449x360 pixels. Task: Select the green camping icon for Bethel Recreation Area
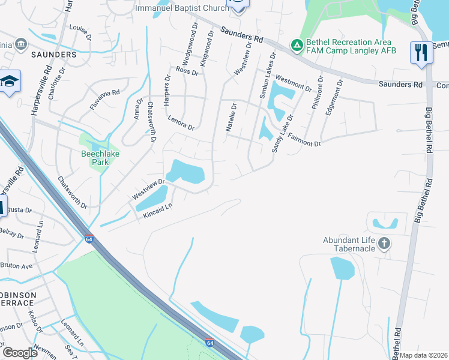[296, 45]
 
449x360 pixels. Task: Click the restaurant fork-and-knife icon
[421, 53]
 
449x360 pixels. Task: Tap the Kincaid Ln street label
[158, 212]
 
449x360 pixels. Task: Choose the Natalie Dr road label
[231, 116]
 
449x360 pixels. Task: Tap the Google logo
[19, 352]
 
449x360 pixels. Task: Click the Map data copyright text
[423, 355]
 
